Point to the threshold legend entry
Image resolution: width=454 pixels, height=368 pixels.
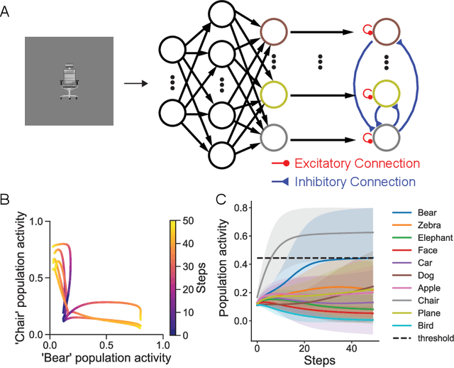click(433, 338)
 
